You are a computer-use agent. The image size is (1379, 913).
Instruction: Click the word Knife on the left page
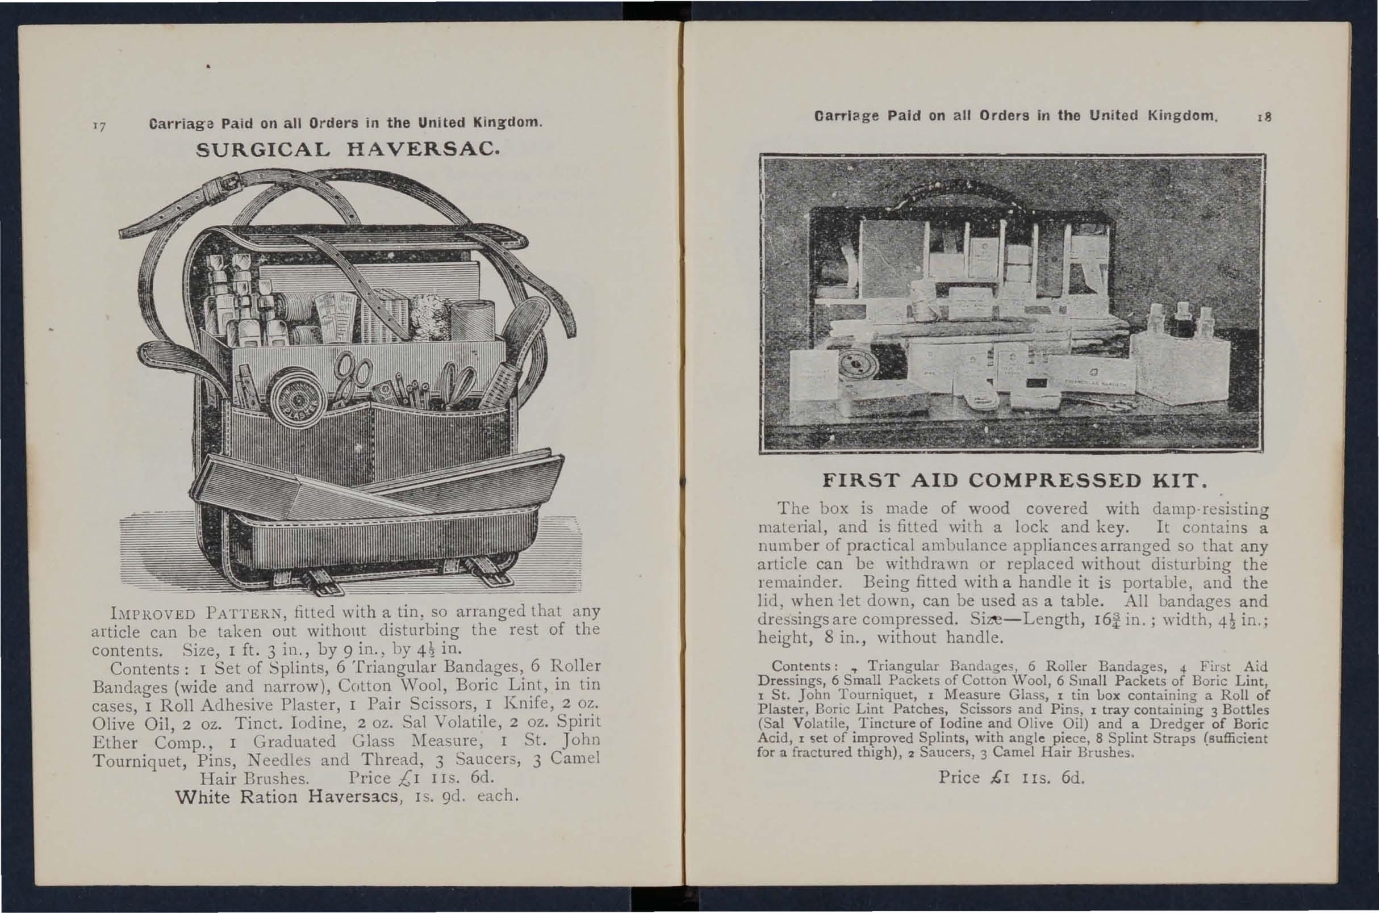tap(525, 705)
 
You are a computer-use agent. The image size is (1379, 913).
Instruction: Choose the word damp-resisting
tap(1210, 509)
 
